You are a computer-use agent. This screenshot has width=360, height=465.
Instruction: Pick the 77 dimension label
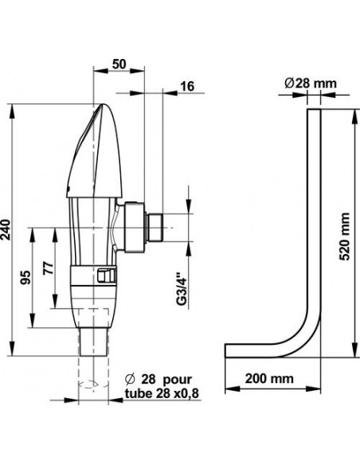click(x=47, y=269)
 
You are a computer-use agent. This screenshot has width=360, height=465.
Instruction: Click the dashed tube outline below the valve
click(x=95, y=378)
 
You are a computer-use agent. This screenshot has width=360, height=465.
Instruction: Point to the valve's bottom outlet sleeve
click(x=95, y=342)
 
